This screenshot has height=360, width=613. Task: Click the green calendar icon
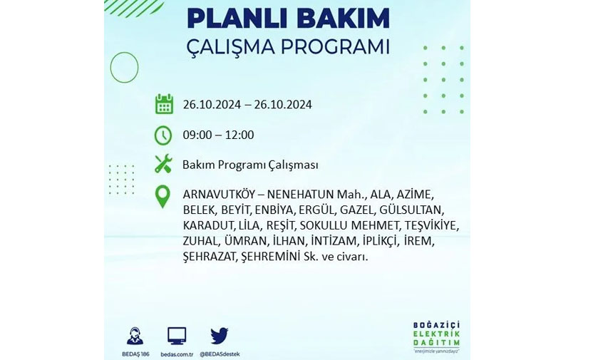[164, 104]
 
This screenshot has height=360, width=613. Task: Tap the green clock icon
[163, 135]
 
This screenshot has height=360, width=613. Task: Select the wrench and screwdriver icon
[163, 163]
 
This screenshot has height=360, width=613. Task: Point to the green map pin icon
[163, 197]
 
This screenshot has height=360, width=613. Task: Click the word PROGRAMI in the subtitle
[335, 47]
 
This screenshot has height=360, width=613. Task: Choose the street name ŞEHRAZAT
[210, 257]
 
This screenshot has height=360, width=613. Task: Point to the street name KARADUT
[208, 225]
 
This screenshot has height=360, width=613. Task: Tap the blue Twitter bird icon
[220, 336]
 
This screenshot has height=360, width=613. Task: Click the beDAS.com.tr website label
[177, 354]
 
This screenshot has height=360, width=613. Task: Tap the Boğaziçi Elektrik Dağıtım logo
[436, 337]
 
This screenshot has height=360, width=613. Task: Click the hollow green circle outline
[110, 68]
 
